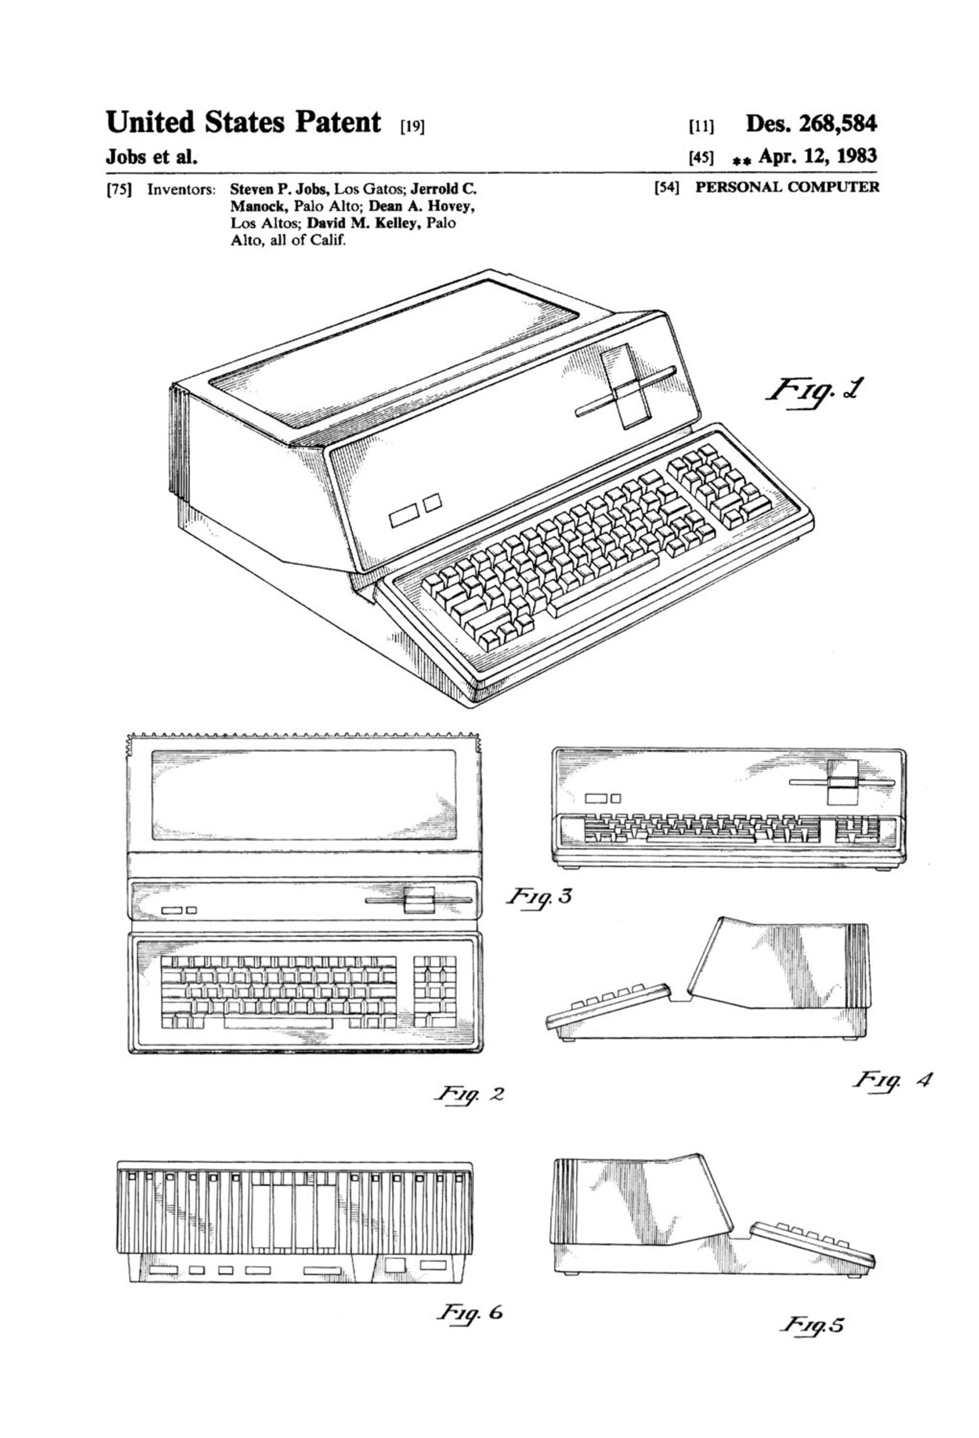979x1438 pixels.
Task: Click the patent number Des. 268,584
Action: pyautogui.click(x=811, y=124)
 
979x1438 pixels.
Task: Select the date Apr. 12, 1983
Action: pyautogui.click(x=817, y=156)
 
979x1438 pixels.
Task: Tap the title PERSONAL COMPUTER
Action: pyautogui.click(x=787, y=187)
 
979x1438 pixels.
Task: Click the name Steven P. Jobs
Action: pyautogui.click(x=281, y=189)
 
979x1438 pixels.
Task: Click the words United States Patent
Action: pyautogui.click(x=243, y=123)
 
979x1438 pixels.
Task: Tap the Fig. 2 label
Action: pyautogui.click(x=469, y=1093)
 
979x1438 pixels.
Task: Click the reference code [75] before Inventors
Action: pyautogui.click(x=120, y=189)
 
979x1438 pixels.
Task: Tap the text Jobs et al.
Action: pyautogui.click(x=152, y=157)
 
